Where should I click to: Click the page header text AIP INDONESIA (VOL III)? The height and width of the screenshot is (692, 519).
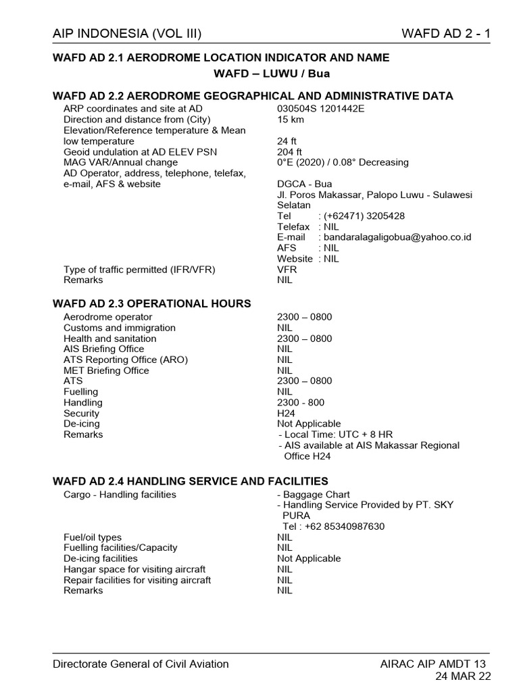[x=127, y=34]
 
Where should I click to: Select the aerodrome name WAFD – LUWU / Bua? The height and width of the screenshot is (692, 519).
[x=272, y=73]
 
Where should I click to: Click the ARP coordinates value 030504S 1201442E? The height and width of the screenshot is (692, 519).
[x=320, y=109]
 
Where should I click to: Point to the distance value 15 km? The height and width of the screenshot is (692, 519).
[x=291, y=120]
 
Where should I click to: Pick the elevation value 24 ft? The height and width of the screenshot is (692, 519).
[x=287, y=141]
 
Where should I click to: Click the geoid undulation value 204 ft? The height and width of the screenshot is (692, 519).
[x=289, y=152]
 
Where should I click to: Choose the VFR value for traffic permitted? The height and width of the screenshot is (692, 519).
[x=287, y=270]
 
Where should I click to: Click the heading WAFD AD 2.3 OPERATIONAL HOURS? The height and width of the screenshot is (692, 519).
[x=152, y=303]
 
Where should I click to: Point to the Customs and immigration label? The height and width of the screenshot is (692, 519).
[x=120, y=328]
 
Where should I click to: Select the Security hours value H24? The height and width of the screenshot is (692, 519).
[x=286, y=413]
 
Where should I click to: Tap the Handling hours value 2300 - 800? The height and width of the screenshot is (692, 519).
[x=301, y=403]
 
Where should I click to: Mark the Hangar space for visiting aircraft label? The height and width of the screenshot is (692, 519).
[x=134, y=569]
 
